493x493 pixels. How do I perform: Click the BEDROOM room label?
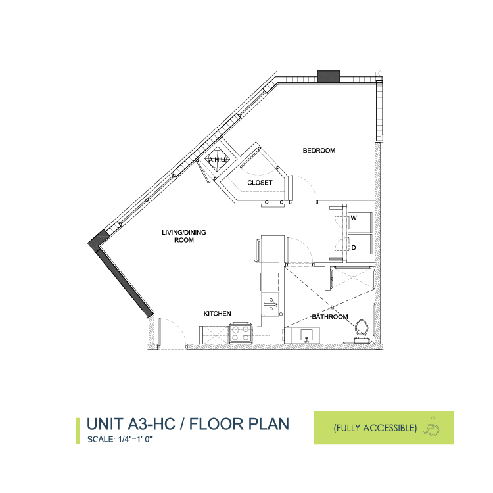point(319,151)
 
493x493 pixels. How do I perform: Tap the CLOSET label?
point(260,183)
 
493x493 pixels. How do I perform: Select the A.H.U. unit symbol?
point(218,160)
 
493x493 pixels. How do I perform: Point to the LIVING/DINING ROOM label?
point(184,236)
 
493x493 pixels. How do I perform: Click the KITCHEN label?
point(218,314)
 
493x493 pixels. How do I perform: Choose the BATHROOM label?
point(330,317)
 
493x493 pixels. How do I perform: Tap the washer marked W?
point(360,223)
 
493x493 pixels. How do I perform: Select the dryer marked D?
point(360,245)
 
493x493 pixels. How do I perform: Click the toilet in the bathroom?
point(362,331)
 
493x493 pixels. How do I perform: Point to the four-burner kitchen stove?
point(241,333)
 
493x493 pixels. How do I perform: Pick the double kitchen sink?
point(270,304)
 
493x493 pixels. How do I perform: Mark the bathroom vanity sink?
point(306,335)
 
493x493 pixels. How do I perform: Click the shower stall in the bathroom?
point(353,277)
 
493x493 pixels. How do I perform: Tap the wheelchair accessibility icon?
point(431,426)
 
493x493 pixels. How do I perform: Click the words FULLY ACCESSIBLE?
point(375,428)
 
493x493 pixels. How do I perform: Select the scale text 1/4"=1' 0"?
point(135,439)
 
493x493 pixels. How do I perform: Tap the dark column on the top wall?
point(329,76)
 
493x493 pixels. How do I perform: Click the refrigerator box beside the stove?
point(214,335)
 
